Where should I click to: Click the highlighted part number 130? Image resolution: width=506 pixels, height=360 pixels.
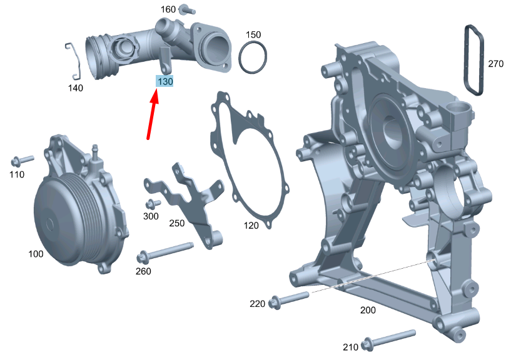pyautogui.click(x=164, y=81)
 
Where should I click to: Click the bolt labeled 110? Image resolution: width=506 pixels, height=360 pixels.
pyautogui.click(x=22, y=161)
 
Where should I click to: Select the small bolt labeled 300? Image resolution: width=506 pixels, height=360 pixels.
pyautogui.click(x=153, y=204)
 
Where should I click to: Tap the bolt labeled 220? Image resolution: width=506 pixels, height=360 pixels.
pyautogui.click(x=290, y=299)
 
